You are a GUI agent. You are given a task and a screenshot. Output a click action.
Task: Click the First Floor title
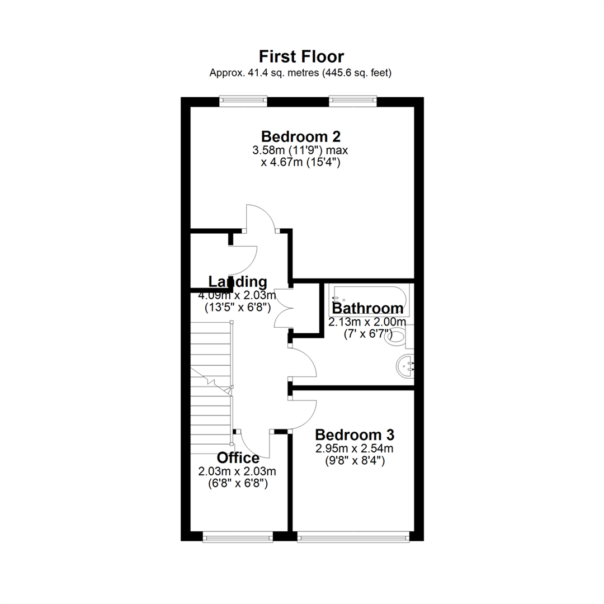[x=301, y=56]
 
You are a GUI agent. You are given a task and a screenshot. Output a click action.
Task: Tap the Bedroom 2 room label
[x=301, y=136]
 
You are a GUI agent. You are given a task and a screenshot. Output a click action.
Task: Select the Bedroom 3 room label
[x=355, y=435]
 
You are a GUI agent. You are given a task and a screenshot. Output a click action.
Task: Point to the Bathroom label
[x=367, y=308]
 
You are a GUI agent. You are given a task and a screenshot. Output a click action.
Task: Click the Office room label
[x=238, y=457]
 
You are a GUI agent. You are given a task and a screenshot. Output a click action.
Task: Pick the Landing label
[x=238, y=281]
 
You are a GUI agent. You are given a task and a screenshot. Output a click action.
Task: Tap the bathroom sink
[x=406, y=366]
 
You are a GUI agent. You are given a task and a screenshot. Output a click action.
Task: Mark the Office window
[x=237, y=537]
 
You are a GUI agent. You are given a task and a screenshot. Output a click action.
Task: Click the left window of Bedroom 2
[x=243, y=101]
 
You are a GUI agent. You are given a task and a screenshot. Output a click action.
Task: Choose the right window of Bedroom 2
[x=352, y=101]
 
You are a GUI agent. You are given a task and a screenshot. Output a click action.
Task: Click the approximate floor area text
[x=301, y=73]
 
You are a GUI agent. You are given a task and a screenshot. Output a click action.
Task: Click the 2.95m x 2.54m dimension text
[x=354, y=449]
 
